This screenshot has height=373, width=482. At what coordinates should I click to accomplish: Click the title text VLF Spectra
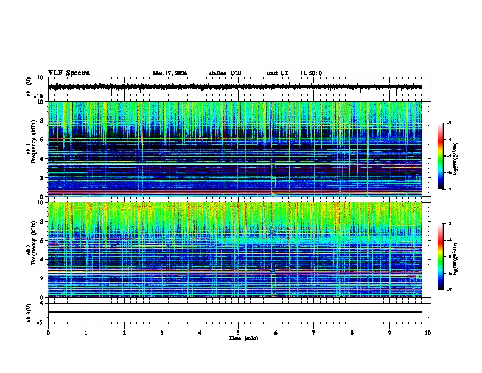69,73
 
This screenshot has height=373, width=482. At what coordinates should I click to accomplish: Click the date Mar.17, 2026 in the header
170,73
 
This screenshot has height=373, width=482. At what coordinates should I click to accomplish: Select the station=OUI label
225,73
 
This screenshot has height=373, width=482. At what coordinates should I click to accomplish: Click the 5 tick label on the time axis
238,332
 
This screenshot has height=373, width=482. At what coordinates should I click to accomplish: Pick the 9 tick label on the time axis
390,332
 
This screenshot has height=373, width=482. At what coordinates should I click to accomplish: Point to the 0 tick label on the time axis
48,332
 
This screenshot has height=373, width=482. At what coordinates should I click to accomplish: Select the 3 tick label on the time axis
162,332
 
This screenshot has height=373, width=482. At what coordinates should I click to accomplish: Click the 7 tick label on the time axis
314,332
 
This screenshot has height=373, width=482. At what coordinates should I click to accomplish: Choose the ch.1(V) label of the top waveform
29,87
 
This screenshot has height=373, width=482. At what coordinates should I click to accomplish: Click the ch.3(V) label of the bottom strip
29,311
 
